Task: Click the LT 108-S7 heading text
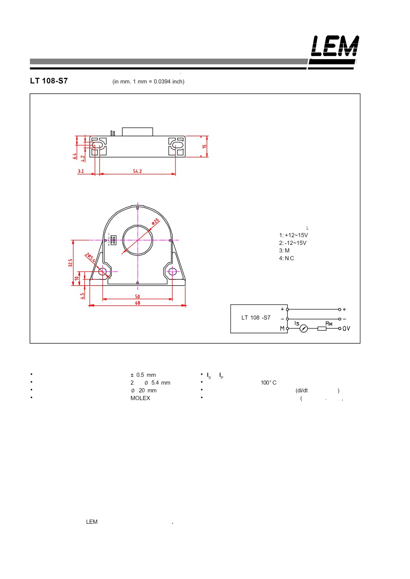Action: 49,81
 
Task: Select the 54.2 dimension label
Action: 137,171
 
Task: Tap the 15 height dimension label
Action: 204,147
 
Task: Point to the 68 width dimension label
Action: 138,303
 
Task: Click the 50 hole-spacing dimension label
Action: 138,297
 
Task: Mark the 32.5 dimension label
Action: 70,263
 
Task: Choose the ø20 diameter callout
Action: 155,221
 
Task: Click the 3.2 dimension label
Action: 81,171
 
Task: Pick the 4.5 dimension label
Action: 82,296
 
